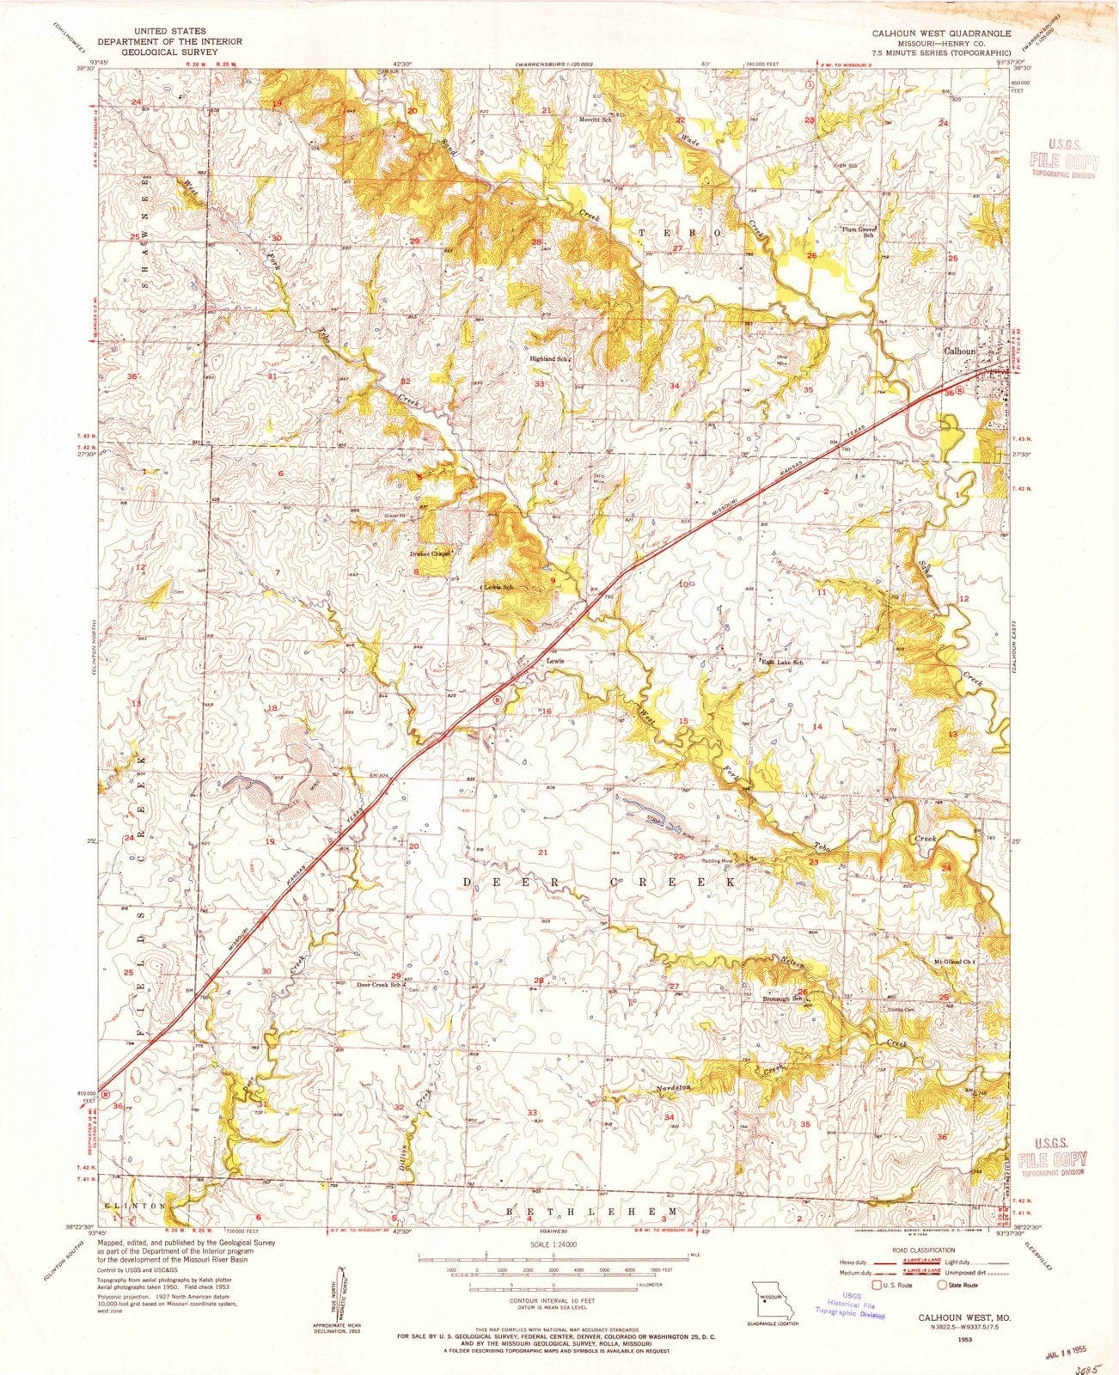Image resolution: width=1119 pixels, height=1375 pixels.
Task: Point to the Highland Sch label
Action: [552, 358]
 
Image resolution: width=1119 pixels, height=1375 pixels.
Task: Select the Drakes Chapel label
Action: [430, 553]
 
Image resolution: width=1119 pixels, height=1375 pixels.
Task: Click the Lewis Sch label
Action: [498, 587]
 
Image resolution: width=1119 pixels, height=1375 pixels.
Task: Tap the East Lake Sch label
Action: [780, 663]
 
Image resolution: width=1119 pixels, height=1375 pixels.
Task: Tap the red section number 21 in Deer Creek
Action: [542, 852]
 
